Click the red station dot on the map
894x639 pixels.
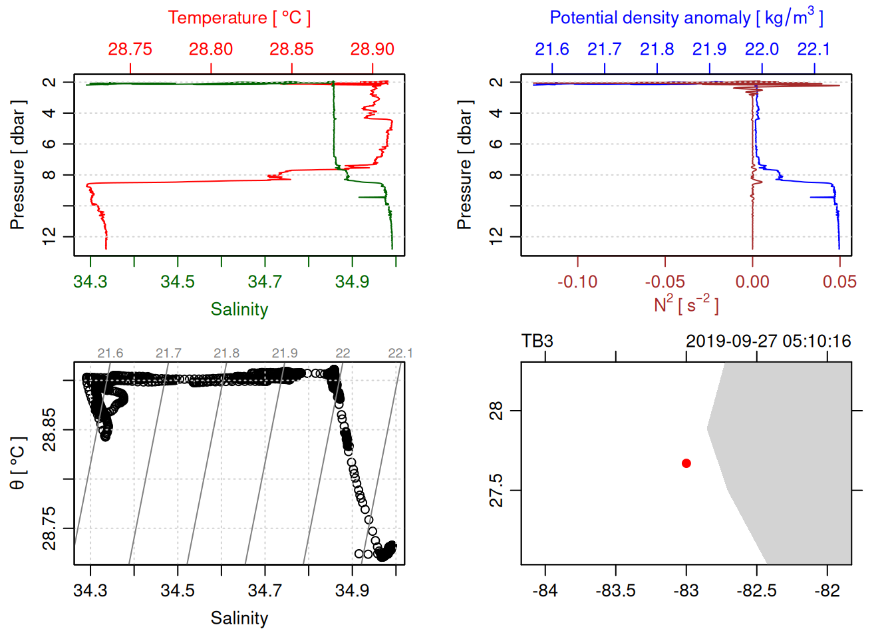(x=686, y=463)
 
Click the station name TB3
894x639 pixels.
(x=537, y=341)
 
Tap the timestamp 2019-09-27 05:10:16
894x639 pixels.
(x=768, y=341)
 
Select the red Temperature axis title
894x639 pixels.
(x=239, y=18)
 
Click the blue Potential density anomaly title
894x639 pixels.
(x=686, y=18)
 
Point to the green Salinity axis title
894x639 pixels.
(x=239, y=310)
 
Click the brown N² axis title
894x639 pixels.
(x=686, y=305)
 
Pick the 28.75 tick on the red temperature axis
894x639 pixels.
(x=130, y=49)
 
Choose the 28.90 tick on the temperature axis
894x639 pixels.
(x=372, y=49)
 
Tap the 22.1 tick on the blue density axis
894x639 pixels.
(x=814, y=49)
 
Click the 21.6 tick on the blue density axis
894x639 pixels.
(x=552, y=49)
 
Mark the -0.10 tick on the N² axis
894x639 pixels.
(x=577, y=282)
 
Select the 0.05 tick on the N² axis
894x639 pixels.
(x=839, y=282)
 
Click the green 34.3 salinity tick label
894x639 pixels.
(x=90, y=282)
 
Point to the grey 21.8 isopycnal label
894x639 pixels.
(x=226, y=353)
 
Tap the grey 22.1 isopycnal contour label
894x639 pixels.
(x=400, y=353)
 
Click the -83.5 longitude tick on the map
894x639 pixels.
(x=615, y=591)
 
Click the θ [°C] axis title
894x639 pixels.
(x=18, y=463)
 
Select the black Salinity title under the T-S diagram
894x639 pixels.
(x=239, y=618)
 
